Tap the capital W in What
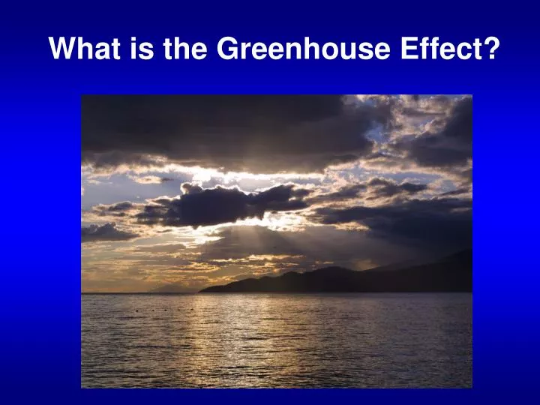pos(62,49)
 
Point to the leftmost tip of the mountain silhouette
pos(200,289)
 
